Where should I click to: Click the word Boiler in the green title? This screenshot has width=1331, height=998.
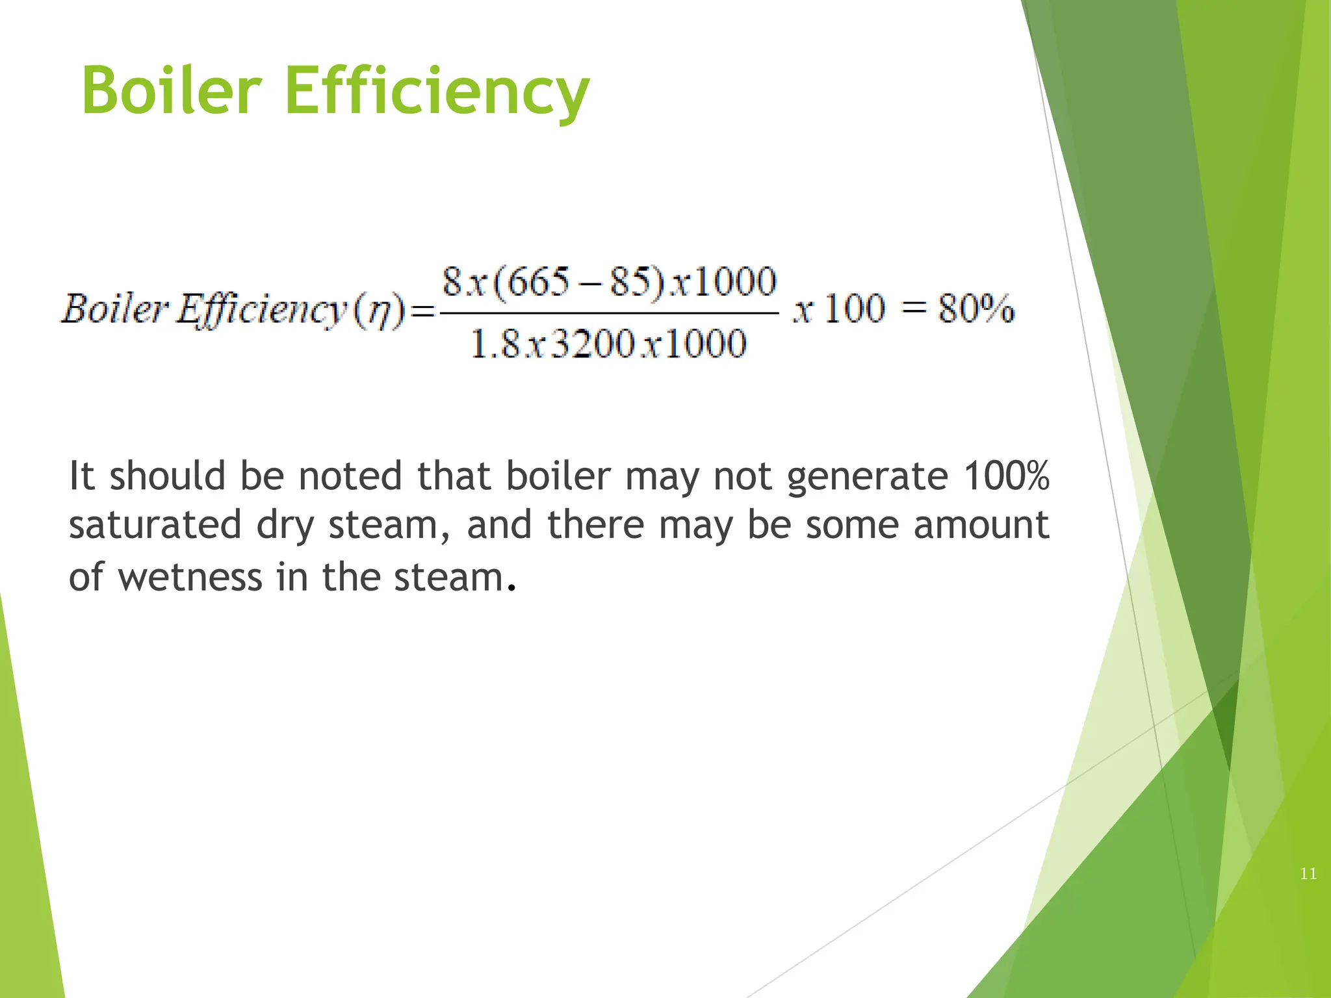click(x=172, y=91)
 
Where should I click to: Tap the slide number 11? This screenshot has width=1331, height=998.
click(x=1308, y=874)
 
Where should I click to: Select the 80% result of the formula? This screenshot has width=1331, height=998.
click(x=976, y=309)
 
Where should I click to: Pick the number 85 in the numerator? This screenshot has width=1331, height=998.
click(x=630, y=283)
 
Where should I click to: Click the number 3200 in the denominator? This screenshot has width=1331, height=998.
click(x=592, y=344)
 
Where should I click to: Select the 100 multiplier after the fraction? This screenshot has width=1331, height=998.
click(x=854, y=309)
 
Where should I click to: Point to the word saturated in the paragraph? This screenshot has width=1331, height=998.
click(x=155, y=525)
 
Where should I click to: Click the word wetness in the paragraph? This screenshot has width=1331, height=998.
click(x=190, y=577)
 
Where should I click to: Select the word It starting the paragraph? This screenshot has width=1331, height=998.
click(x=82, y=476)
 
